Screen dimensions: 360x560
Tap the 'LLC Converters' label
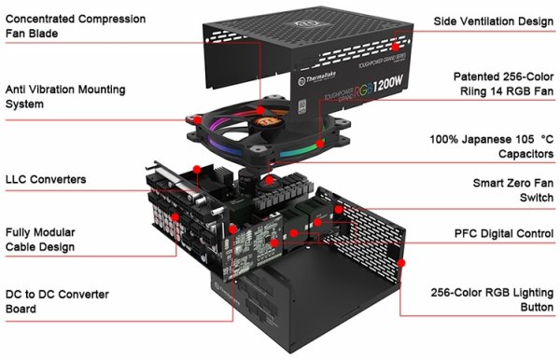pos(46,178)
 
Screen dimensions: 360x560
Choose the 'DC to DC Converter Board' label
pos(56,301)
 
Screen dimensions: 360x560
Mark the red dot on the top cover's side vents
pos(396,44)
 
